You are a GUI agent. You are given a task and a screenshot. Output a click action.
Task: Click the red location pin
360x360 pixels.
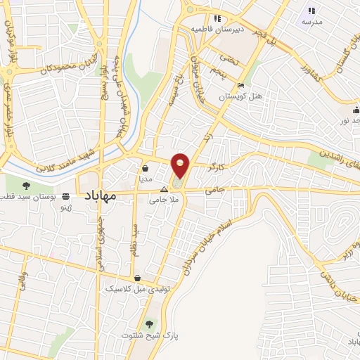(x=181, y=166)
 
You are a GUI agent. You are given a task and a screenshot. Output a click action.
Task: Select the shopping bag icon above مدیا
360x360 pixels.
(x=145, y=169)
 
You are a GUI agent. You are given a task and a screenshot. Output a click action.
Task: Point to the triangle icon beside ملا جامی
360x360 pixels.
(x=165, y=190)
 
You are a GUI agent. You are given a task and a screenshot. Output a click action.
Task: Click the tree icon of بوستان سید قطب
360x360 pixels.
(x=26, y=186)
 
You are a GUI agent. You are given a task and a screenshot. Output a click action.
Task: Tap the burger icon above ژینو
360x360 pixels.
(x=66, y=196)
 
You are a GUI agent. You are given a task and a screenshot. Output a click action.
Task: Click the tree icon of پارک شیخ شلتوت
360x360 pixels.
(x=150, y=324)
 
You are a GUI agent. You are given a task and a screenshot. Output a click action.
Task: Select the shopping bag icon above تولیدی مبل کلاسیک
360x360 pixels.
(x=137, y=278)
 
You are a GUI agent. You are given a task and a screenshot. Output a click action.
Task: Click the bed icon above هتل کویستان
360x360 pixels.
(x=241, y=86)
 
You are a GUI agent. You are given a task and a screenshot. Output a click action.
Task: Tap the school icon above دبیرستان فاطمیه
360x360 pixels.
(x=217, y=18)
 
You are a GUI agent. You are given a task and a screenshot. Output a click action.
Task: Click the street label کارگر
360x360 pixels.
(x=217, y=169)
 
